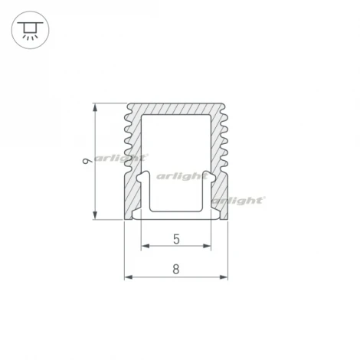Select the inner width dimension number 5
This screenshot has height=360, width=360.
[176, 239]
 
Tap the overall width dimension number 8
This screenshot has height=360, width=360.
[176, 269]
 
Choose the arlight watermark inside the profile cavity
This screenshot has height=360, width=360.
[182, 175]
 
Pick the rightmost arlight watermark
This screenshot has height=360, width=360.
[237, 200]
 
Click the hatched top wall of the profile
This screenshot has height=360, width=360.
[176, 110]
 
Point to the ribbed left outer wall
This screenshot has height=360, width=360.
[129, 138]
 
